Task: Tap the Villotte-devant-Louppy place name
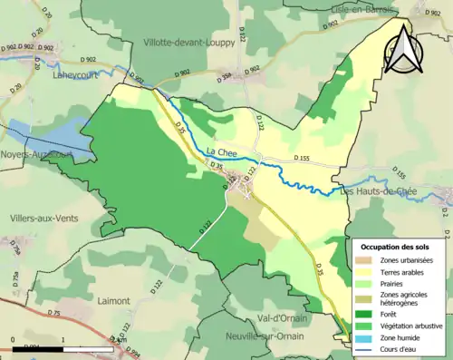(189, 42)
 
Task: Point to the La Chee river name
(221, 151)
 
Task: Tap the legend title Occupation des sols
(396, 247)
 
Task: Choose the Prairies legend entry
(395, 283)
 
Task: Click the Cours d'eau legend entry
(402, 348)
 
